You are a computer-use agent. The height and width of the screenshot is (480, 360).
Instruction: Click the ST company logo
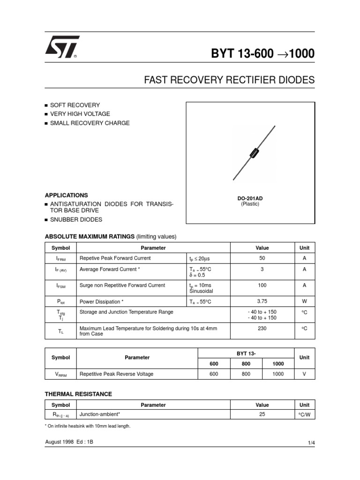click(x=62, y=47)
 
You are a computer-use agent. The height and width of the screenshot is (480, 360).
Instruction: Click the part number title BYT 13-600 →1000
click(x=262, y=54)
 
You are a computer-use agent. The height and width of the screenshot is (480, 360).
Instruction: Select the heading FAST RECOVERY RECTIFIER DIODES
click(x=229, y=80)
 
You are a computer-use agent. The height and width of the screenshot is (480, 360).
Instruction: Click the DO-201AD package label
click(x=250, y=198)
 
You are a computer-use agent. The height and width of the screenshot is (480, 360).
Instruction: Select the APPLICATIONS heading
click(x=66, y=195)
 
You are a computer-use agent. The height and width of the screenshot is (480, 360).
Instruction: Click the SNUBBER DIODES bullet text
click(x=76, y=219)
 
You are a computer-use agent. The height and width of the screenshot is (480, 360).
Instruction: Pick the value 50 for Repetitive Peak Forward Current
click(x=262, y=258)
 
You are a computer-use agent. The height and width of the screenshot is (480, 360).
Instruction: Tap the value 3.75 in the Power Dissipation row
click(x=262, y=301)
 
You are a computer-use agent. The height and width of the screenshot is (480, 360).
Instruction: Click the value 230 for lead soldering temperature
click(x=262, y=329)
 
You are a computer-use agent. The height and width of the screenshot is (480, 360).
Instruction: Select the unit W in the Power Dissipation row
click(x=304, y=301)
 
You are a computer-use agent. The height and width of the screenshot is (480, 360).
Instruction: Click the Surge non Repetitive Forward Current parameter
click(x=122, y=285)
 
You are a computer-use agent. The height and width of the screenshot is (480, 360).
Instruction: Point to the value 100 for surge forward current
click(x=262, y=285)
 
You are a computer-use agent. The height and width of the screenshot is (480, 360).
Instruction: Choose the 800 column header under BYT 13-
click(x=246, y=364)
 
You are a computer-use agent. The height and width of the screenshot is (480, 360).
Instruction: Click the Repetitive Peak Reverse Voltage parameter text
click(x=117, y=374)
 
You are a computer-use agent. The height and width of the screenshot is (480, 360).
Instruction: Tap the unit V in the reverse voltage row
click(x=304, y=374)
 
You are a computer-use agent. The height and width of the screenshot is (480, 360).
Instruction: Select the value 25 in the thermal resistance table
click(x=262, y=414)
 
